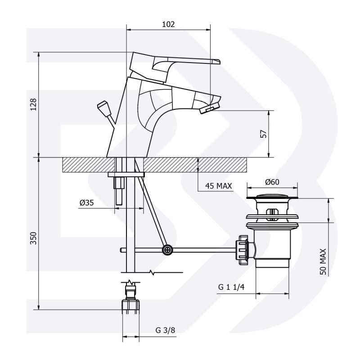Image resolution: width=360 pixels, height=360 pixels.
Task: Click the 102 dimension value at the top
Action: [168, 24]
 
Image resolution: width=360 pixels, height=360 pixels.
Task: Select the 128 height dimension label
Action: [33, 104]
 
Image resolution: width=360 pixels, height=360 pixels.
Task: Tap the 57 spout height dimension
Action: [264, 134]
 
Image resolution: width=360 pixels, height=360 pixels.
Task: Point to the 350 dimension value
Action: [33, 238]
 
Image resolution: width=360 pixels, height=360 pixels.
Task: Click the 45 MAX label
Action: [218, 186]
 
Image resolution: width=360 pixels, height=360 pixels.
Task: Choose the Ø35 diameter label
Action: [87, 203]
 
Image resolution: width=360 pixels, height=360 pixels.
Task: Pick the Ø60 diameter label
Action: [272, 182]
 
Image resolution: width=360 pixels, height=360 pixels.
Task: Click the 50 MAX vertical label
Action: [323, 261]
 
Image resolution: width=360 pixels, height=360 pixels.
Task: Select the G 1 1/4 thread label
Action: [231, 287]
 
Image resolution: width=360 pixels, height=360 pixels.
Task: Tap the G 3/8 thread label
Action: [165, 330]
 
